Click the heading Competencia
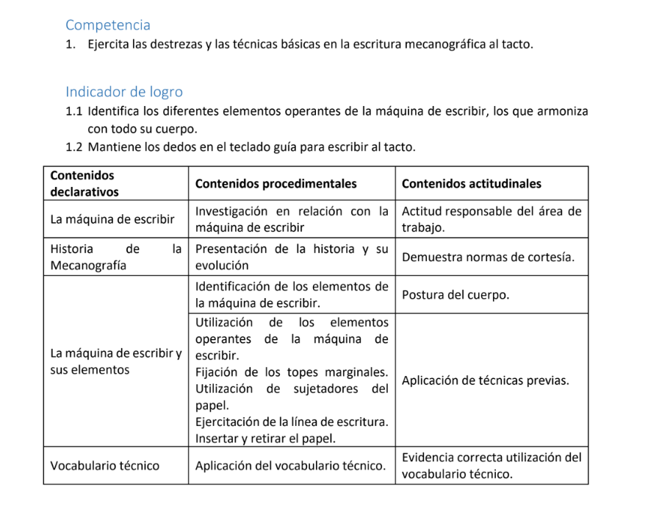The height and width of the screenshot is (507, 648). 108,25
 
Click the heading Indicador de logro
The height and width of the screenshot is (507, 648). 123,92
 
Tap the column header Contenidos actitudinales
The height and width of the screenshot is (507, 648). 471,184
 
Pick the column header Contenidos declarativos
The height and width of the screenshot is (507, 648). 84,183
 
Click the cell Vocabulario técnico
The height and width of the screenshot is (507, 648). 104,466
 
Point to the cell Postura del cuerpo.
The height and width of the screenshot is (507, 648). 456,295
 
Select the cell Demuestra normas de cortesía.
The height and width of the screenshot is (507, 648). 488,257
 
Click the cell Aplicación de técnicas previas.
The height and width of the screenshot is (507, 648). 485,380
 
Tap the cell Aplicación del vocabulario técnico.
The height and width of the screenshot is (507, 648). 290,466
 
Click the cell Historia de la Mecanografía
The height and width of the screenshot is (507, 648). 115,257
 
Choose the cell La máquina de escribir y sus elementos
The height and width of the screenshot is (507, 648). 115,361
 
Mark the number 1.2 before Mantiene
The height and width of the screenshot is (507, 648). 73,147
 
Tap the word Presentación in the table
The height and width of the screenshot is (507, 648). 232,249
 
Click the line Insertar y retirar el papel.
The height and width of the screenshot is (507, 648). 265,439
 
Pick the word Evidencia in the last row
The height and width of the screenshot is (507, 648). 428,458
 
